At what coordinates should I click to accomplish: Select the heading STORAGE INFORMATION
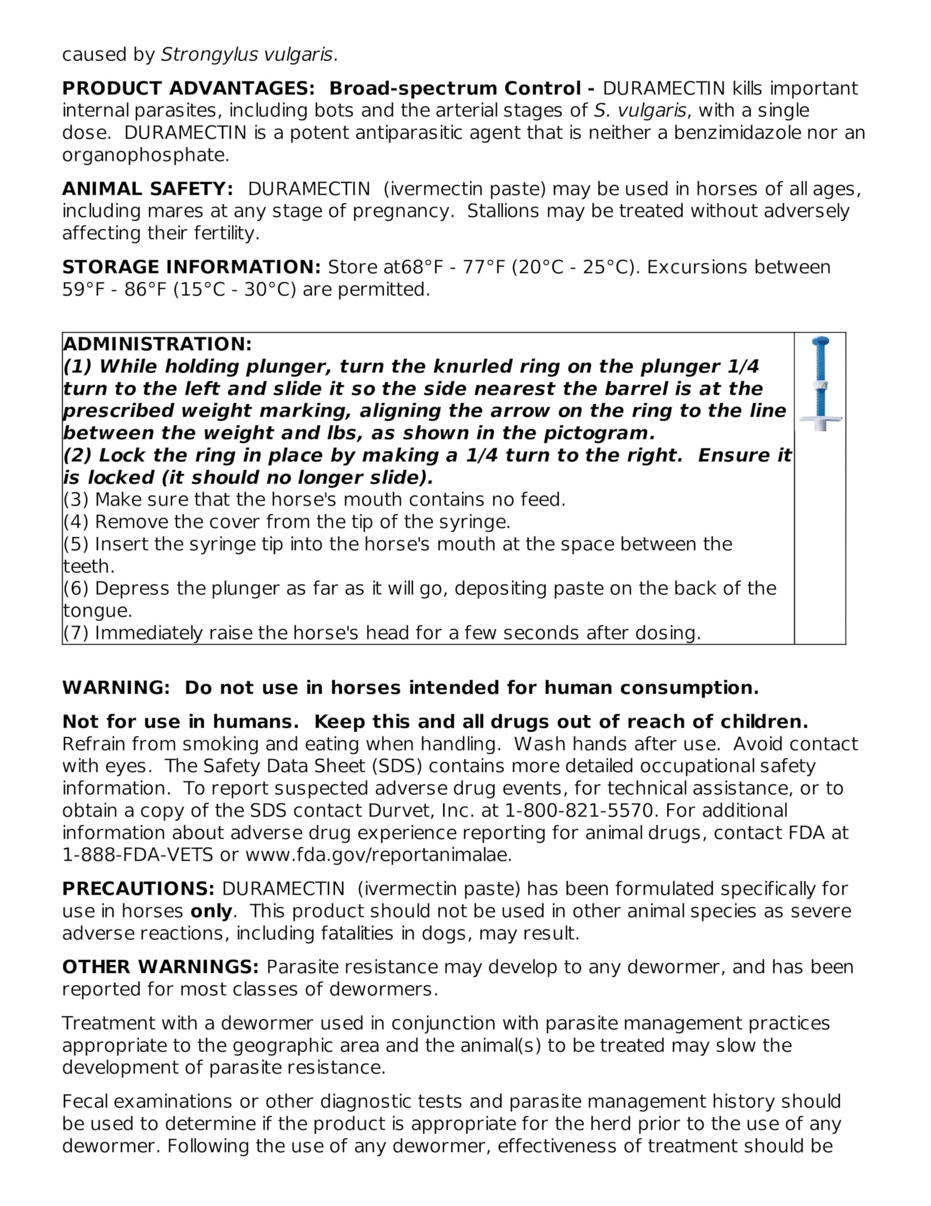(x=191, y=267)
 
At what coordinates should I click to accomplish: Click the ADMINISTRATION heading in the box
(x=157, y=344)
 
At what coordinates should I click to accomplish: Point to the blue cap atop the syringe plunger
(x=820, y=342)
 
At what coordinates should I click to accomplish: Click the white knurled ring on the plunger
(x=820, y=385)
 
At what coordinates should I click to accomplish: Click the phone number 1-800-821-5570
(x=579, y=811)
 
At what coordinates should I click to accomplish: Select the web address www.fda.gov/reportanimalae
(x=378, y=856)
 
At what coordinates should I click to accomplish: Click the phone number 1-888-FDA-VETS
(x=137, y=856)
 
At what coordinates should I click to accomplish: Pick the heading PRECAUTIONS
(x=138, y=889)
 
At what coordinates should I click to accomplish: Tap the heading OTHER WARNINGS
(x=160, y=967)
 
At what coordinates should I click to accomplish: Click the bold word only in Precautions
(x=211, y=911)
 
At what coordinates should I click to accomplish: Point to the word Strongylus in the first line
(x=209, y=55)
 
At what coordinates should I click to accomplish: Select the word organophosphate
(x=144, y=155)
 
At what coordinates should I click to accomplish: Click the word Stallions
(x=502, y=211)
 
